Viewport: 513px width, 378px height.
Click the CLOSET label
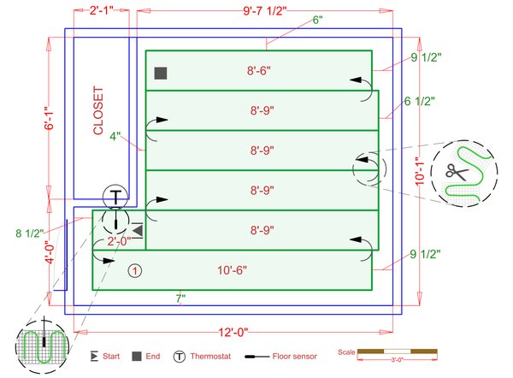(98, 110)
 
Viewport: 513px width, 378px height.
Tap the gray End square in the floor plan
(160, 74)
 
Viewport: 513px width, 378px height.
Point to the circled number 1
(135, 270)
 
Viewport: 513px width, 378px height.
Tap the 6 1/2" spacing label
(419, 101)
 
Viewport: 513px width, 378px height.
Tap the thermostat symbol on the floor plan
(115, 196)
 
